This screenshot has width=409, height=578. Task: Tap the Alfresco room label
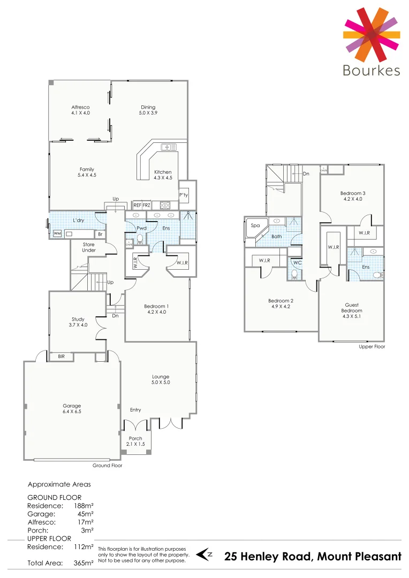pyautogui.click(x=80, y=110)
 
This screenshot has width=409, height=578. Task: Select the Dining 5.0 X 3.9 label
pyautogui.click(x=148, y=110)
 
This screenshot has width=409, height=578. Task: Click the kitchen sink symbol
pyautogui.click(x=169, y=147)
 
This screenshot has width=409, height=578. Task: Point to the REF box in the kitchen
pyautogui.click(x=137, y=205)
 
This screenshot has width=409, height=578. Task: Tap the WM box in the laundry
pyautogui.click(x=57, y=233)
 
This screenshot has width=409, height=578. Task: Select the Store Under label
pyautogui.click(x=88, y=247)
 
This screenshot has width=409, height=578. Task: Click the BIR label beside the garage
pyautogui.click(x=62, y=356)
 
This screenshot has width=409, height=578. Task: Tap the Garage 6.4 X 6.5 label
pyautogui.click(x=71, y=408)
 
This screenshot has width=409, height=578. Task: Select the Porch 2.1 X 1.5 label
pyautogui.click(x=136, y=441)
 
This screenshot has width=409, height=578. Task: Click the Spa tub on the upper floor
pyautogui.click(x=255, y=226)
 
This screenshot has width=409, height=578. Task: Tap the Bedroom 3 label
pyautogui.click(x=352, y=196)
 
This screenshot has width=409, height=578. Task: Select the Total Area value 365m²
pyautogui.click(x=83, y=563)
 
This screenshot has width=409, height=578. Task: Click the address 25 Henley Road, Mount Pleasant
pyautogui.click(x=313, y=557)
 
